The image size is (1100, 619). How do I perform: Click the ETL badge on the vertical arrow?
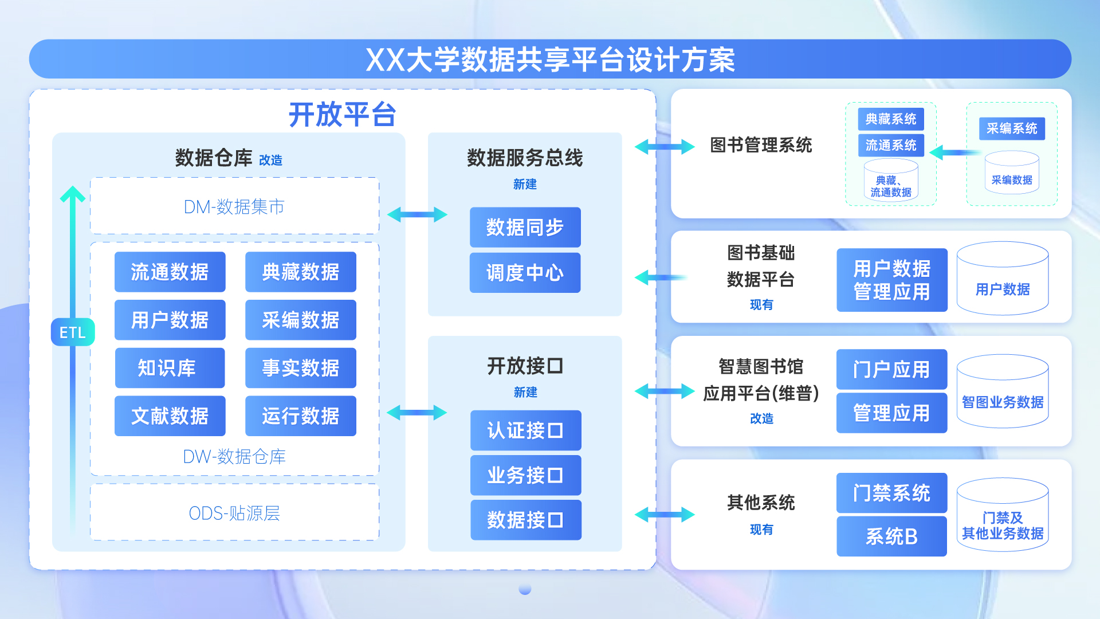point(73,332)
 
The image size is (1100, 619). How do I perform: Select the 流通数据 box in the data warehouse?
point(170,272)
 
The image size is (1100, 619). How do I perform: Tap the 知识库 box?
point(170,368)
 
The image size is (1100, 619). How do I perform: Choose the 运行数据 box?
point(300,416)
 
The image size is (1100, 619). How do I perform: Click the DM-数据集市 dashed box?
point(234,206)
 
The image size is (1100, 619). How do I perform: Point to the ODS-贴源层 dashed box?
point(234,512)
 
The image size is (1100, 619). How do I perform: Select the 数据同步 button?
point(525,228)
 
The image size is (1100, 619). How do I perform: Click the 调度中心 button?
point(525,273)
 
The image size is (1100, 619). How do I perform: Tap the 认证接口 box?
point(525,430)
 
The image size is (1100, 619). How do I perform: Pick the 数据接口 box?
point(525,520)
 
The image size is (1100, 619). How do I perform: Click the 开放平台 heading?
point(342,114)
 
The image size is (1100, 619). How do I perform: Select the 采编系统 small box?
point(1012,128)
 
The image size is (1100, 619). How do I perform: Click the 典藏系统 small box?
point(891,119)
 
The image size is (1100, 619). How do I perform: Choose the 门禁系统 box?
point(891,493)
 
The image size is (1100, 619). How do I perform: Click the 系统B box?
point(891,536)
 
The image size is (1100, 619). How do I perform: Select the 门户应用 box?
point(891,369)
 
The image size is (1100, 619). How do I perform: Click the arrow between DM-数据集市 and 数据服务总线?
point(417,215)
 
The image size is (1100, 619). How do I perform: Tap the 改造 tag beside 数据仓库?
point(270,160)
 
